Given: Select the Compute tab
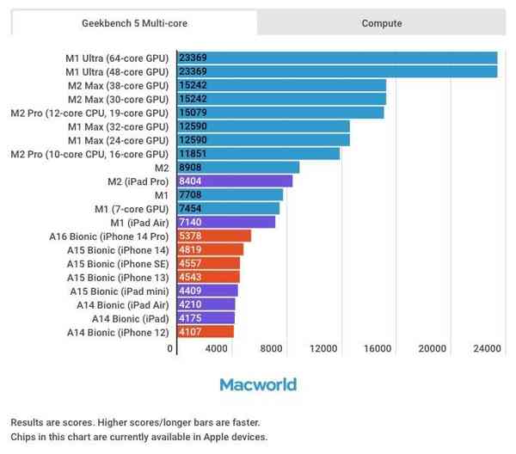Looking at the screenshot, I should click(381, 23).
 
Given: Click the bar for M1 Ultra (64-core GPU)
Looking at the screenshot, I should click(336, 58).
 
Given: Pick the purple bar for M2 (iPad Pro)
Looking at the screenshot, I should click(234, 181).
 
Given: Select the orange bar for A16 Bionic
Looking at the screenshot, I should click(213, 236).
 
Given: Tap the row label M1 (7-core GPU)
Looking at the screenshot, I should click(131, 208).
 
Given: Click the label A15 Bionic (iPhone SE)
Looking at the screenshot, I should click(117, 263).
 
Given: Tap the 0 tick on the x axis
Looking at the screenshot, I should click(170, 348).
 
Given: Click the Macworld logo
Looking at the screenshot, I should click(257, 384).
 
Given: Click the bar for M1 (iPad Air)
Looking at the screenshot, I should click(225, 222).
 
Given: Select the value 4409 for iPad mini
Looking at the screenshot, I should click(190, 291).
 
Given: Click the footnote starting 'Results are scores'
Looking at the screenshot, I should click(134, 422).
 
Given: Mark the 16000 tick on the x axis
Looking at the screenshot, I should click(378, 348).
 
